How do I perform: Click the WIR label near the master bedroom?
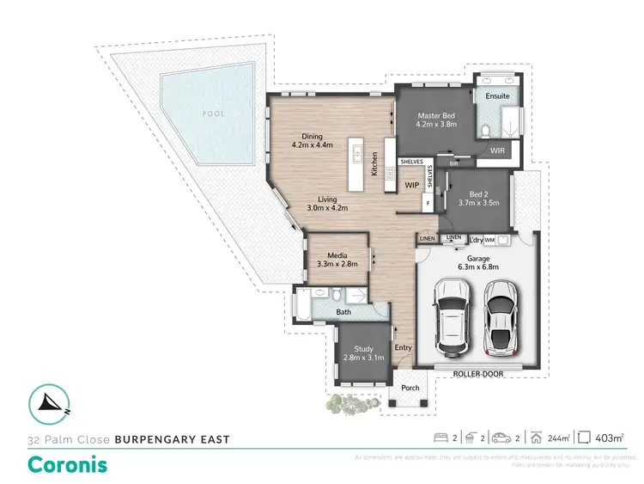[497, 150]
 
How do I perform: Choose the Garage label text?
[477, 257]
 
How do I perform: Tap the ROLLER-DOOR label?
[478, 374]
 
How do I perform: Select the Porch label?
[410, 388]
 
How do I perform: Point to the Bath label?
[343, 311]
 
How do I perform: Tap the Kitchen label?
[374, 163]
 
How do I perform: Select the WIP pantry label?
[411, 184]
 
